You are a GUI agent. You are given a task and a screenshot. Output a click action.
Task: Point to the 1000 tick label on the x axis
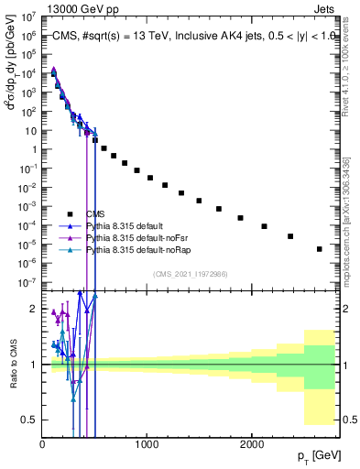[x=147, y=444]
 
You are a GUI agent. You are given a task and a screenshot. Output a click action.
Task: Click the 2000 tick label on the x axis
[x=252, y=444]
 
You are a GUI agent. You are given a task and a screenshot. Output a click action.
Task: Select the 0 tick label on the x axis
[x=43, y=444]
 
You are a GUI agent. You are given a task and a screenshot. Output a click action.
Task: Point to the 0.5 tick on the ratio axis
[x=30, y=420]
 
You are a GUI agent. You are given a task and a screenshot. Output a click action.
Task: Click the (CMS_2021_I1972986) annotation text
[x=191, y=274]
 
